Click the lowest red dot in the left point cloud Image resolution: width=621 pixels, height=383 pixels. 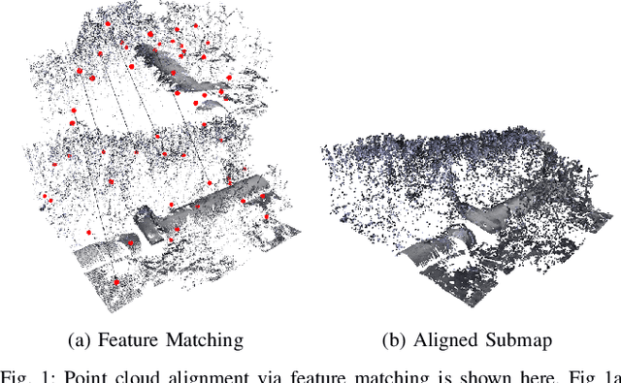[x=116, y=282]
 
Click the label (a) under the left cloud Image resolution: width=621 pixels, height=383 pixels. [x=82, y=339]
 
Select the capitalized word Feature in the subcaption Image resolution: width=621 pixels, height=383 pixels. [x=129, y=339]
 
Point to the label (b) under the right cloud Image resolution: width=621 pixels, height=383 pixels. [x=394, y=339]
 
